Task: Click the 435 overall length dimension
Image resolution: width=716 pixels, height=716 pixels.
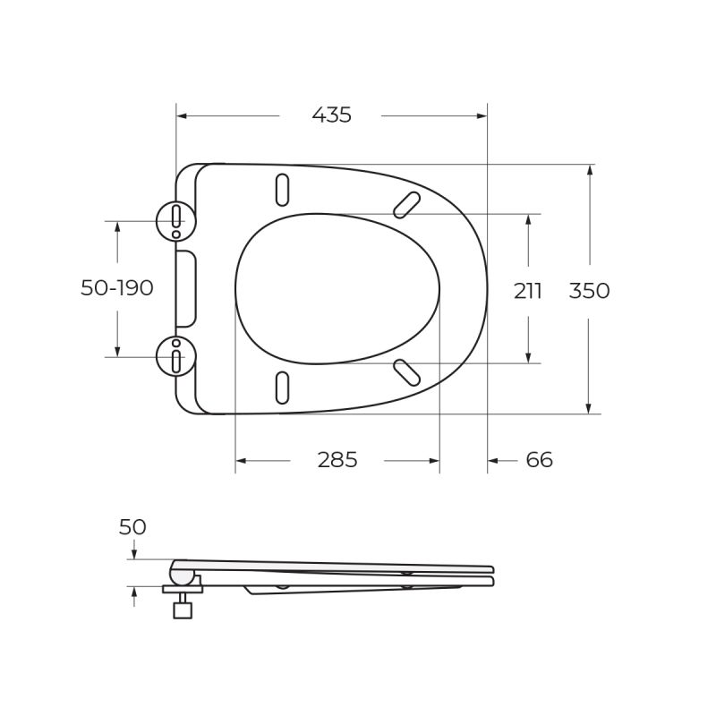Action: point(331,115)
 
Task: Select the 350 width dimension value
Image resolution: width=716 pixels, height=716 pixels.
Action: point(590,291)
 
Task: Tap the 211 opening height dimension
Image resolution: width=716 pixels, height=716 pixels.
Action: point(528,291)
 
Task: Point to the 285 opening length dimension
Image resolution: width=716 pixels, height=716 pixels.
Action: point(337,460)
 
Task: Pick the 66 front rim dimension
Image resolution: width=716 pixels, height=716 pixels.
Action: point(539,460)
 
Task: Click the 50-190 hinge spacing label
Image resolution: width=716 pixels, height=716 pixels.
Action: point(117,288)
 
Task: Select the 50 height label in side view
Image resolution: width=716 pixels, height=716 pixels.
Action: point(132,527)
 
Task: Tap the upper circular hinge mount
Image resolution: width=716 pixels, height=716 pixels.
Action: point(175,220)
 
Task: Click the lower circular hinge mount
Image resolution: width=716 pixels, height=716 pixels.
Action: point(175,356)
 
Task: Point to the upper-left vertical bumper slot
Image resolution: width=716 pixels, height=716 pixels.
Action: point(283,189)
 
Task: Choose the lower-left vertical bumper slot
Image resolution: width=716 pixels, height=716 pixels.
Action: point(283,387)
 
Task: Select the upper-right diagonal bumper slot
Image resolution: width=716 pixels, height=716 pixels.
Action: point(407,204)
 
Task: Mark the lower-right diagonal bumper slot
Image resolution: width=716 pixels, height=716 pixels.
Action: point(407,371)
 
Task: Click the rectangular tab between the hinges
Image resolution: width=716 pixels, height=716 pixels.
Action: point(185,288)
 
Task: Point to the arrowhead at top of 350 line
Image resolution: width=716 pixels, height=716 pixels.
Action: point(589,171)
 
